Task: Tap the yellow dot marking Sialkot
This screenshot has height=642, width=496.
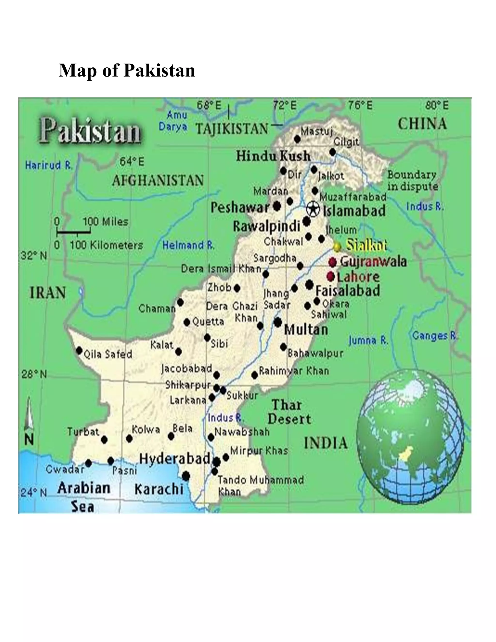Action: click(x=337, y=246)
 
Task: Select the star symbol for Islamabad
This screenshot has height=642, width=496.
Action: click(x=313, y=209)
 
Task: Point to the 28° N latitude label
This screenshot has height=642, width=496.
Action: click(x=34, y=375)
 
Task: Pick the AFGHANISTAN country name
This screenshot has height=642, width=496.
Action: click(x=158, y=180)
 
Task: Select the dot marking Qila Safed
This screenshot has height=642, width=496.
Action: click(x=79, y=350)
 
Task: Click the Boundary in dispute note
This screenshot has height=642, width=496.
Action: click(x=412, y=180)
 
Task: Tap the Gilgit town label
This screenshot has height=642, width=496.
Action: click(x=346, y=142)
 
